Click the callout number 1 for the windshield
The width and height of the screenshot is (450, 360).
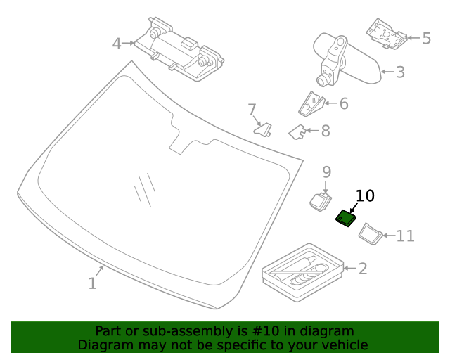tap(92, 283)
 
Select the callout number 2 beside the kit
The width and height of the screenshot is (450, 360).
tap(363, 268)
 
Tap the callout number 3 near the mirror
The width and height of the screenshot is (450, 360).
tap(400, 72)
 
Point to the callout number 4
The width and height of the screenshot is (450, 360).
tap(117, 44)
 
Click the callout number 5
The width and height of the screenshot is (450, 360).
tap(426, 38)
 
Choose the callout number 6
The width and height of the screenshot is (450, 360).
tap(344, 104)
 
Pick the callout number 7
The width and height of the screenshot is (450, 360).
tap(252, 110)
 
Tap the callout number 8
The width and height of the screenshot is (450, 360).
tap(325, 131)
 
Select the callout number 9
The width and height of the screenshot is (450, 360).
tap(326, 172)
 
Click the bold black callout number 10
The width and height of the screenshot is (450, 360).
tap(366, 195)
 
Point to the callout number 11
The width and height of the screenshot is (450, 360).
tap(406, 236)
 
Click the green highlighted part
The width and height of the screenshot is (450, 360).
tap(345, 219)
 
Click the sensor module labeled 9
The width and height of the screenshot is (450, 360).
tap(320, 200)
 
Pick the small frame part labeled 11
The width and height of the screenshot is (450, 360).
tap(370, 232)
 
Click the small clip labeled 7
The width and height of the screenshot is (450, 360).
tap(264, 130)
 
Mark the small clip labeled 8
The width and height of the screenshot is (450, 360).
tap(297, 131)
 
